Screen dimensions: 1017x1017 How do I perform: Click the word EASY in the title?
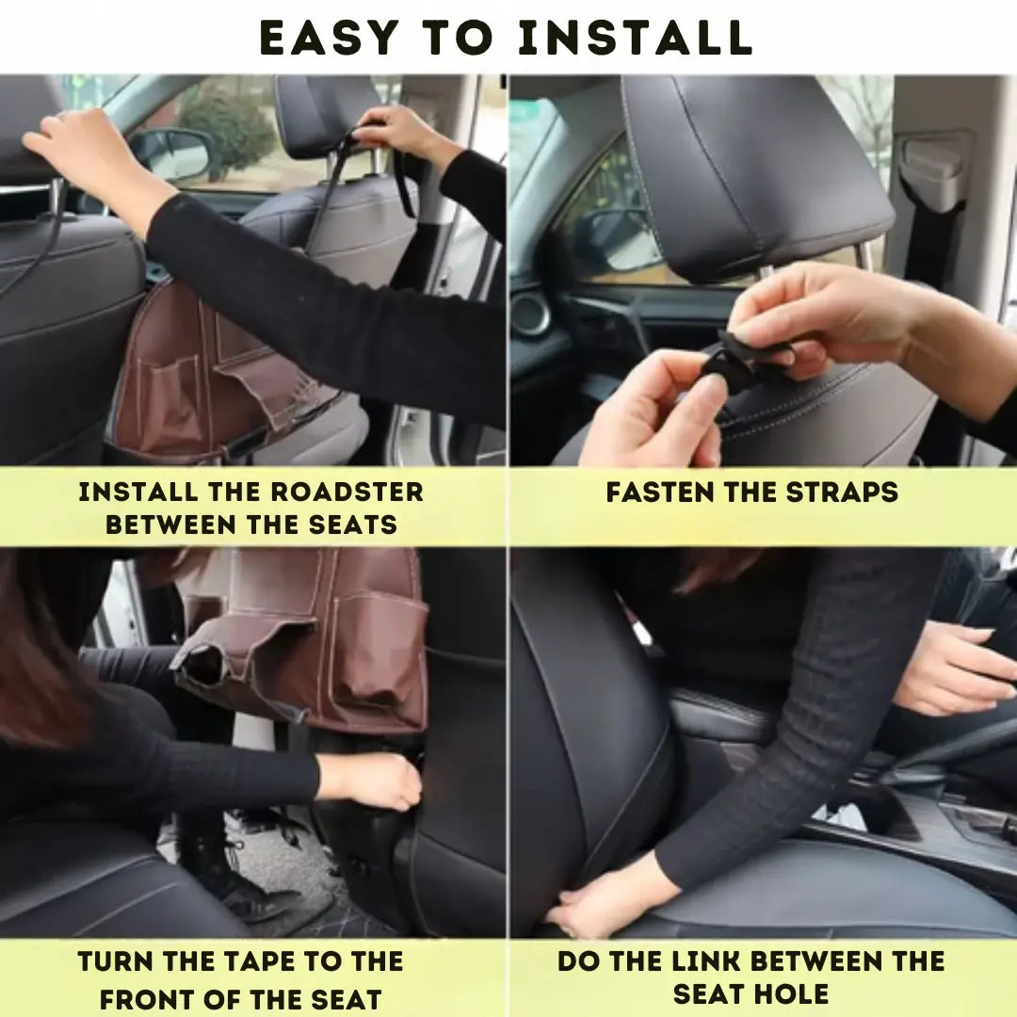[330, 37]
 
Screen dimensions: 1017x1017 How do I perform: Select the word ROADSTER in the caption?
[347, 492]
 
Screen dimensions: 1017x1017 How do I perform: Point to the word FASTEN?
[660, 492]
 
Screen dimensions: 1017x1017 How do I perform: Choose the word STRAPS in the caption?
[842, 492]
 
